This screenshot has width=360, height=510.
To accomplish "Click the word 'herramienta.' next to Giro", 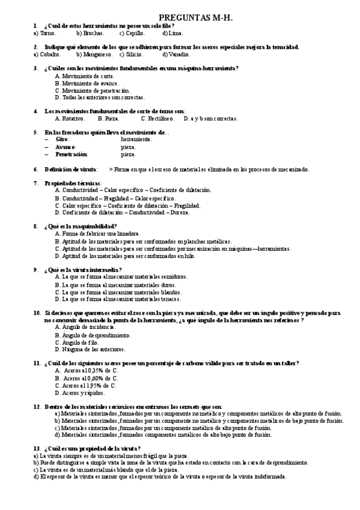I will (x=136, y=139).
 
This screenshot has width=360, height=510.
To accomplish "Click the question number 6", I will (x=35, y=169).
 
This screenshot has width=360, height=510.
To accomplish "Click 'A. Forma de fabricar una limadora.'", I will (x=97, y=233).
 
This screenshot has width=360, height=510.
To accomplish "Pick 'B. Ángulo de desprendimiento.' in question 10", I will (x=93, y=334).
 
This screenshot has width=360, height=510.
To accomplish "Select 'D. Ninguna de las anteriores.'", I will (x=90, y=349).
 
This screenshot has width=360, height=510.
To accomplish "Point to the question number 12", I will (x=37, y=407).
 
